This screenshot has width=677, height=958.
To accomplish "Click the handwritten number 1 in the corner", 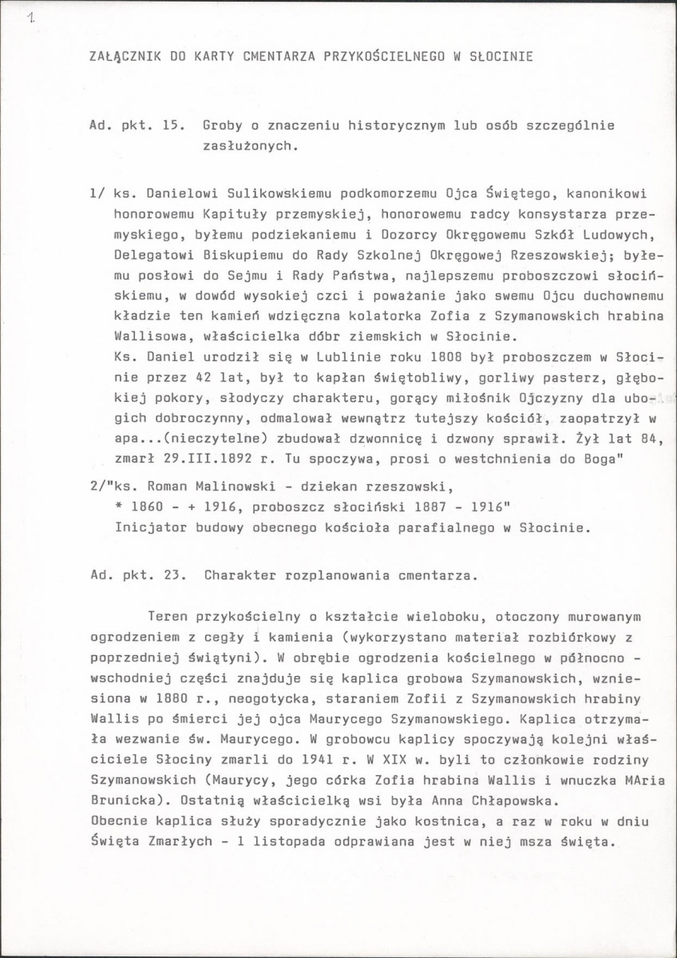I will point(30,17).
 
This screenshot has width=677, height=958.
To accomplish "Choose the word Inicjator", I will point(147,528).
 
